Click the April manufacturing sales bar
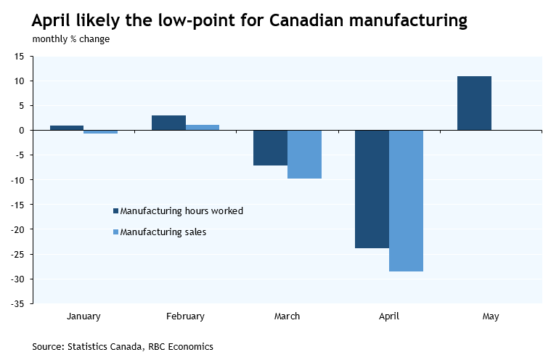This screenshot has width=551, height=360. [x=406, y=200]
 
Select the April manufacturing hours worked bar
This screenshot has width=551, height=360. [x=372, y=189]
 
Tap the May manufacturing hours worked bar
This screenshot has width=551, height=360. [x=474, y=103]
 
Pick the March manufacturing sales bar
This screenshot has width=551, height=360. [x=304, y=154]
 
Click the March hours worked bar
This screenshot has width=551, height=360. [x=270, y=147]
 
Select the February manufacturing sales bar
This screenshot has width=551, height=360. [x=203, y=127]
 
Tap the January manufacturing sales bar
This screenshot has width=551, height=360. [x=100, y=132]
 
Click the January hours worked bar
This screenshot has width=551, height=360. [x=67, y=128]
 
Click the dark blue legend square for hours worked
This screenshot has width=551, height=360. [x=115, y=211]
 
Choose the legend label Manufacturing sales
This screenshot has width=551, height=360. [x=163, y=232]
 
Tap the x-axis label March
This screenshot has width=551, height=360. [x=287, y=316]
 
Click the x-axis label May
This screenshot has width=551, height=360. [x=490, y=316]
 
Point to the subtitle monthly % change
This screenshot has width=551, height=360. [x=71, y=39]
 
